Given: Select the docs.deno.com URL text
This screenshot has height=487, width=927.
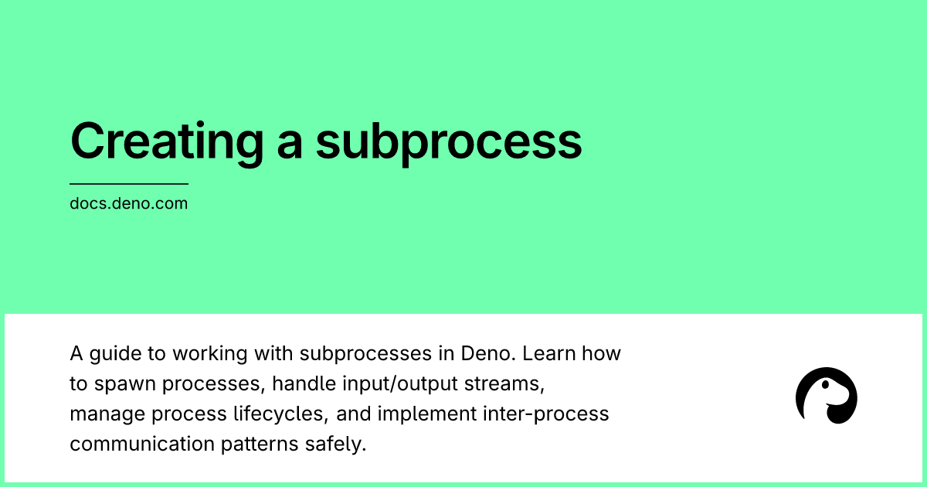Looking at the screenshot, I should [x=128, y=205].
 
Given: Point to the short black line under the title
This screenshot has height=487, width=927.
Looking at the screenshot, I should [x=129, y=184].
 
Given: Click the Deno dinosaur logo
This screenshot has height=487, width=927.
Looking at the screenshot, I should [x=827, y=395].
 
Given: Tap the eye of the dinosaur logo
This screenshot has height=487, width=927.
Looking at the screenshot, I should [x=829, y=384].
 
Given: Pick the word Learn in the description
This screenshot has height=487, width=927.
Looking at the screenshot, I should [x=546, y=355].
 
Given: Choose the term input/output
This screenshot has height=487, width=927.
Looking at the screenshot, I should [x=379, y=384].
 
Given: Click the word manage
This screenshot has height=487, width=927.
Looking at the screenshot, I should [x=107, y=414].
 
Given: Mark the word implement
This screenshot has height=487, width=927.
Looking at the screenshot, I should [x=426, y=414].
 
